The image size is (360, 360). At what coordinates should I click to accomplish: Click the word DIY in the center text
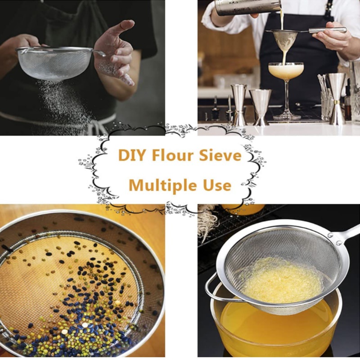tap(132, 155)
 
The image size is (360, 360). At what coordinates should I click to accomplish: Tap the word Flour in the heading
tap(173, 155)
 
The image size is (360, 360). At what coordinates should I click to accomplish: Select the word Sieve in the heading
tap(220, 155)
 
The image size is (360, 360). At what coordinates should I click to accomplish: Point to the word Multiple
tap(162, 185)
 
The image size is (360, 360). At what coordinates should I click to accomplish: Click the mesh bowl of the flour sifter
tap(54, 63)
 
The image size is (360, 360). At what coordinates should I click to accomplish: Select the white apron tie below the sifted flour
tap(99, 125)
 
